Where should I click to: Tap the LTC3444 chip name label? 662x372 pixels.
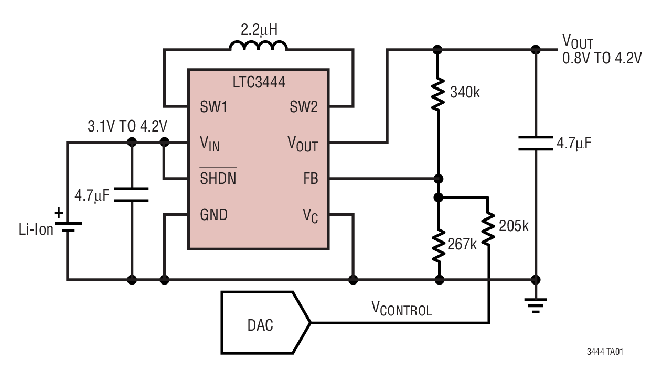259,82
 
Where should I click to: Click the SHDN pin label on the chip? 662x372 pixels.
218,178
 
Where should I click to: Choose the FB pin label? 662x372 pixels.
310,178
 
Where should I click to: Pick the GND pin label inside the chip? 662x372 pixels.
214,214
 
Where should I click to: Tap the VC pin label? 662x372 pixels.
310,215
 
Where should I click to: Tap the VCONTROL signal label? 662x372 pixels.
402,309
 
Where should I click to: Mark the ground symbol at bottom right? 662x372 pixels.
536,304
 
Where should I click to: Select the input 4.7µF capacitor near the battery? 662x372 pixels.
131,194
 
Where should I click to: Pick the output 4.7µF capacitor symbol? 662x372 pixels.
536,143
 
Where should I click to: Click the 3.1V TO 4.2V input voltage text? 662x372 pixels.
127,126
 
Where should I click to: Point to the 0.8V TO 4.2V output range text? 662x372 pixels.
602,58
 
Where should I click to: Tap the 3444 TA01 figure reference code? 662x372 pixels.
605,352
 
